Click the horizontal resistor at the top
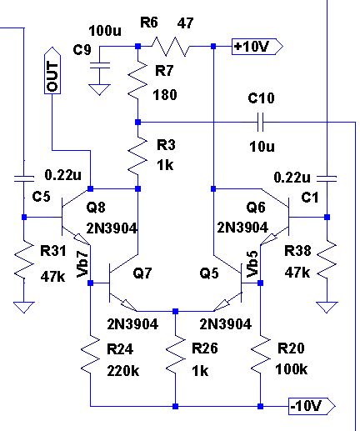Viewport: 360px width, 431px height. point(170,47)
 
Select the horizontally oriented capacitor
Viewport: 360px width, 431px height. point(261,123)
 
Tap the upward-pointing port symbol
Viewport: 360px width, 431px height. point(53,71)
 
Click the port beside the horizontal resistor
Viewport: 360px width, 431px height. point(257,47)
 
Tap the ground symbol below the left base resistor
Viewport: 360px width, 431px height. point(24,308)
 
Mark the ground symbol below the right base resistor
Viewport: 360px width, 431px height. point(327,308)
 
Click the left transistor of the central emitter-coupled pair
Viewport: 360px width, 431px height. point(122,283)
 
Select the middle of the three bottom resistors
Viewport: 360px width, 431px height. point(176,356)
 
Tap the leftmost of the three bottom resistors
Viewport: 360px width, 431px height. point(91,356)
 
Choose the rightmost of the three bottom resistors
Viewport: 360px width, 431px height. point(261,356)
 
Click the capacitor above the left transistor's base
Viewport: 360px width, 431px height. point(24,178)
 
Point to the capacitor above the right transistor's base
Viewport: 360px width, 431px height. point(327,178)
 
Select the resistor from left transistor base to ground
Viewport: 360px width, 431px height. point(24,261)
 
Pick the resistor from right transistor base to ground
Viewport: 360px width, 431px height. point(327,261)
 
